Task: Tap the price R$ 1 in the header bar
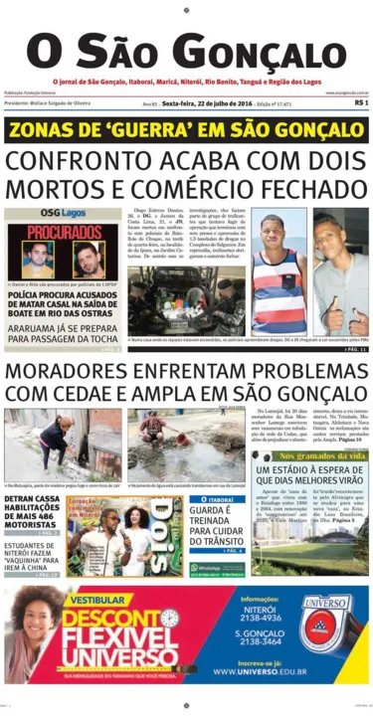(x=360, y=102)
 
